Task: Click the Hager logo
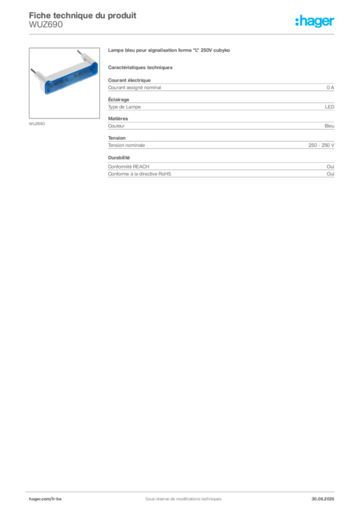click(315, 21)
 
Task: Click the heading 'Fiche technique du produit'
click(83, 15)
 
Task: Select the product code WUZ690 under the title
click(46, 24)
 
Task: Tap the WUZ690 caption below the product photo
click(37, 124)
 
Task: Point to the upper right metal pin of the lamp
click(80, 52)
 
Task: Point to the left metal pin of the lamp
click(33, 71)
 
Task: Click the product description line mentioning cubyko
click(169, 50)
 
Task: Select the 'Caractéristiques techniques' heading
click(140, 68)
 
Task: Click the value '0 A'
click(331, 87)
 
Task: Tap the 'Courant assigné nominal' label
click(134, 87)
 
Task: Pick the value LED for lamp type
click(330, 107)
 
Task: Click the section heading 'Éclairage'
click(118, 99)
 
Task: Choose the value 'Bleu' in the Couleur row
click(330, 126)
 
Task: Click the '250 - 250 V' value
click(321, 145)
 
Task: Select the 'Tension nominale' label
click(126, 145)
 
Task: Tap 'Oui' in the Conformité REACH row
click(331, 167)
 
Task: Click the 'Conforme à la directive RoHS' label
click(139, 174)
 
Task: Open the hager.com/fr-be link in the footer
click(45, 499)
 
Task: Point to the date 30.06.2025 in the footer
click(323, 499)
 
